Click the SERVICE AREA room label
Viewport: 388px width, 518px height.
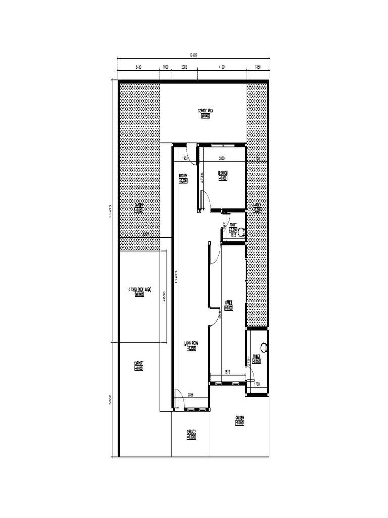click(x=205, y=110)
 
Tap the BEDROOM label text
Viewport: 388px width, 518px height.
click(x=223, y=172)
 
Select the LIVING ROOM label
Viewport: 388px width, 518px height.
click(x=191, y=343)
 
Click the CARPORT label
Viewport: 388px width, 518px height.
click(x=139, y=363)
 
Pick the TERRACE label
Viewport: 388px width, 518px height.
click(x=191, y=431)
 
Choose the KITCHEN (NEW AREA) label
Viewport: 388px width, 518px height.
click(x=140, y=290)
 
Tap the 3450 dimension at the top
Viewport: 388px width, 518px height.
click(x=138, y=67)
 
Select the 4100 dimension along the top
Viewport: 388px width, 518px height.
click(x=221, y=67)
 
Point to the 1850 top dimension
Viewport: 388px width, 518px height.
click(x=257, y=67)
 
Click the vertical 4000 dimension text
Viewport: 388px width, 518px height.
click(x=164, y=295)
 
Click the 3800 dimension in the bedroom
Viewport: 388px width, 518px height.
click(x=221, y=159)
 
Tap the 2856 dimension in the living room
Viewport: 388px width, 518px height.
click(x=191, y=394)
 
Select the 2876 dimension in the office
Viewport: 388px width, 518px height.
click(x=227, y=372)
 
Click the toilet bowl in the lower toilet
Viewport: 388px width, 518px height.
click(x=263, y=348)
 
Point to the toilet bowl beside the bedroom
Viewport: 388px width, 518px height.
click(x=241, y=232)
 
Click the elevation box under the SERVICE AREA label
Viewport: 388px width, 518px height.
click(x=205, y=116)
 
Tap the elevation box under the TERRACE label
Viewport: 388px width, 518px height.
click(x=191, y=437)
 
